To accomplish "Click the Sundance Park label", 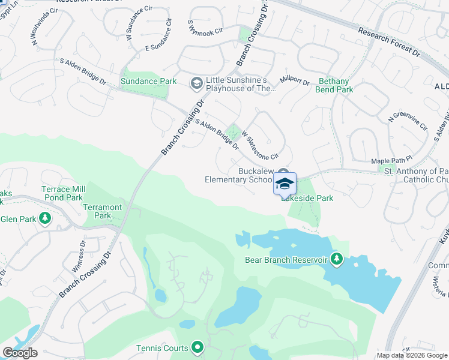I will (148, 81).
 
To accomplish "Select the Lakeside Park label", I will (307, 197).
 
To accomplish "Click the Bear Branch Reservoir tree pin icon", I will (337, 259).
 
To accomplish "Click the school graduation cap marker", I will (285, 184).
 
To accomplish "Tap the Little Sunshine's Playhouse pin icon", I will (196, 83).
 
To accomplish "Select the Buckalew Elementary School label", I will (238, 175).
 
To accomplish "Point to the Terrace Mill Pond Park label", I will (62, 193).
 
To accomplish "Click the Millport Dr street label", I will (294, 82).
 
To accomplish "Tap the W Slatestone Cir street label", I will (261, 146).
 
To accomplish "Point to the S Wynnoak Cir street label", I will (205, 27).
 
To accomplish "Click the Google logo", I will (20, 353).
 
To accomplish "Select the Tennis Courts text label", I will (161, 347).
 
